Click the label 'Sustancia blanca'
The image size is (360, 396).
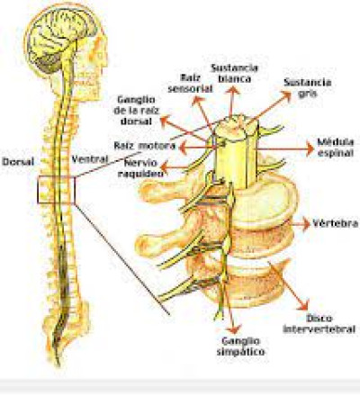click(x=235, y=73)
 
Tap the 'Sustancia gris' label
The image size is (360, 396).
click(x=308, y=88)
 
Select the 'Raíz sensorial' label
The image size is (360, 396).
click(x=190, y=83)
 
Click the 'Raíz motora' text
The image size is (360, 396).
click(x=145, y=146)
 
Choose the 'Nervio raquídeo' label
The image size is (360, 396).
click(x=140, y=168)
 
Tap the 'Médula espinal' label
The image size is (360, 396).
click(x=336, y=147)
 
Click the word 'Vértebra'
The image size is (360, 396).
click(x=336, y=223)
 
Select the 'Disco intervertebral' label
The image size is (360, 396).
click(x=319, y=324)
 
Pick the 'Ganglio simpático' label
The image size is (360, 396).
click(x=240, y=346)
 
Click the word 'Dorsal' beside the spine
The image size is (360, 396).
click(x=18, y=162)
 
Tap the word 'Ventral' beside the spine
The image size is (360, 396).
click(x=90, y=158)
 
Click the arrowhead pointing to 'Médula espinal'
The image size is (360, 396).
click(x=310, y=149)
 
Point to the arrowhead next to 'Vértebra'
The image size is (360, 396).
click(x=306, y=224)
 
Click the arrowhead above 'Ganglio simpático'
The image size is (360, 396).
click(x=234, y=329)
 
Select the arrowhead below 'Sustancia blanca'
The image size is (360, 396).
click(x=233, y=90)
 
